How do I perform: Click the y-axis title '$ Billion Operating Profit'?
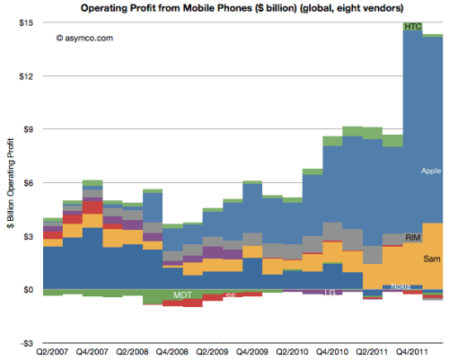pos(8,182)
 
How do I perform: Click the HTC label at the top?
pos(413,27)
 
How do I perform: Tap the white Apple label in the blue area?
pos(431,170)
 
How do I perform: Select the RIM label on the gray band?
pos(413,237)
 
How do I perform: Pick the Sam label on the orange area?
pos(432,259)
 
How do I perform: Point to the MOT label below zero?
pos(182,294)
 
